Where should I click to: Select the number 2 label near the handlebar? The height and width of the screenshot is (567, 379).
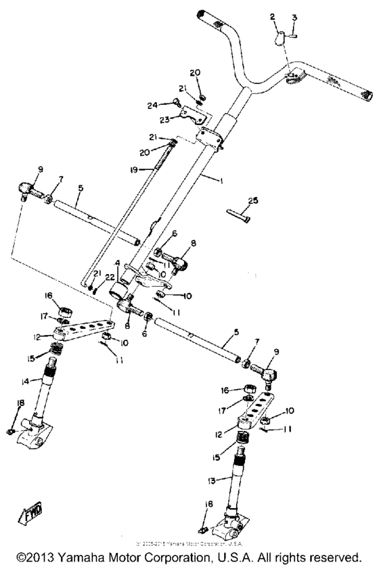(273, 16)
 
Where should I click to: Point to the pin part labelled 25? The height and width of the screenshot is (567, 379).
(240, 215)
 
